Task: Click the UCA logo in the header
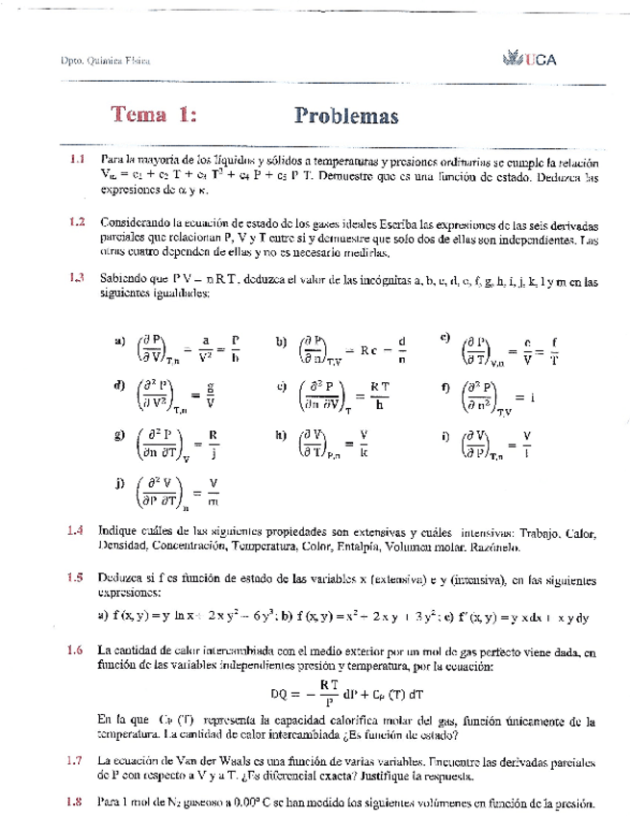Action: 530,60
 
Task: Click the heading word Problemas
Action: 344,115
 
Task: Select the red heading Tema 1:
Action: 154,115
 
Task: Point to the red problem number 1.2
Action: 77,221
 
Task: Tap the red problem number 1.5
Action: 77,578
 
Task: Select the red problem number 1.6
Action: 77,650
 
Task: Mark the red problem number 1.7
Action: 77,760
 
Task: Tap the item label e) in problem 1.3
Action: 282,388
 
